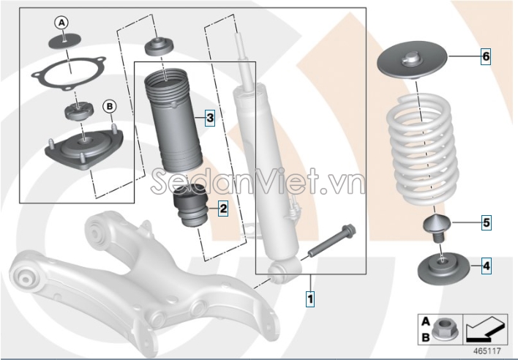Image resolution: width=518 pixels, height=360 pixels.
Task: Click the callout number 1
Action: (x=310, y=299)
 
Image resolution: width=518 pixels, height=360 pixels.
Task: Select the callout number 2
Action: (x=223, y=209)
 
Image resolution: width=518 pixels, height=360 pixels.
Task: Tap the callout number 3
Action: (x=210, y=118)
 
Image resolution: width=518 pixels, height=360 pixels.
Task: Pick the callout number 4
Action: (x=486, y=266)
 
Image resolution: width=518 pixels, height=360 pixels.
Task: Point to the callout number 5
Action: (x=486, y=222)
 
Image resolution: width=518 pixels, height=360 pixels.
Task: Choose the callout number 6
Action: (x=486, y=56)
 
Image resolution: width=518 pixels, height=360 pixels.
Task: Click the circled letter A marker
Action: (x=61, y=23)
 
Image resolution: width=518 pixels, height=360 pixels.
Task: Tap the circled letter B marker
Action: (x=109, y=106)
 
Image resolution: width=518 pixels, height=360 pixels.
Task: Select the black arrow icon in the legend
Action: (x=485, y=329)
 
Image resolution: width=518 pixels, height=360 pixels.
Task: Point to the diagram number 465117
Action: (x=487, y=350)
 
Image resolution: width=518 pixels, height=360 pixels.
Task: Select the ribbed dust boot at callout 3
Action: (x=173, y=121)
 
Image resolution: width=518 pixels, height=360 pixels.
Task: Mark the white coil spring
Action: (x=424, y=149)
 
